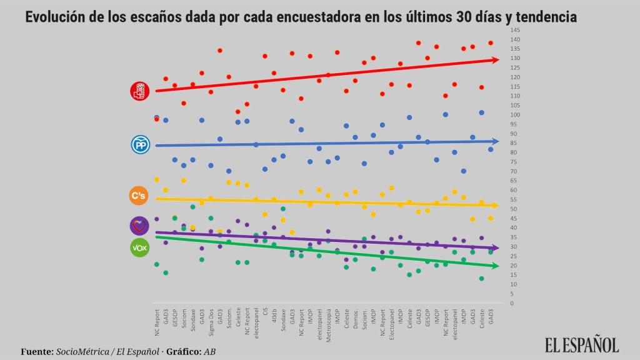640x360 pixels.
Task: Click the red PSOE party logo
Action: pyautogui.click(x=139, y=91)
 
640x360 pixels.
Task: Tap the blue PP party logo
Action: pyautogui.click(x=139, y=145)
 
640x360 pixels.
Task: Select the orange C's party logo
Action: pyautogui.click(x=139, y=196)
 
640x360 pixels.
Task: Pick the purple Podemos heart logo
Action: pyautogui.click(x=139, y=226)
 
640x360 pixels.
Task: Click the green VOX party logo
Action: pyautogui.click(x=139, y=247)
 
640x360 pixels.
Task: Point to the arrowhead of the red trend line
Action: pyautogui.click(x=496, y=60)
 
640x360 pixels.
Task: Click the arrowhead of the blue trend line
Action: pyautogui.click(x=496, y=141)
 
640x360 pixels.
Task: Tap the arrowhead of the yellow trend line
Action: pyautogui.click(x=496, y=205)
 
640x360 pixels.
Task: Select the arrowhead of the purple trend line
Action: pyautogui.click(x=496, y=248)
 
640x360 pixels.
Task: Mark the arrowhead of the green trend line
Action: pyautogui.click(x=496, y=266)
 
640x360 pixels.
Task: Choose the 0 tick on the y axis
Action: pyautogui.click(x=512, y=303)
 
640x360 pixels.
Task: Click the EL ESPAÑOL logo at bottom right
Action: pyautogui.click(x=582, y=344)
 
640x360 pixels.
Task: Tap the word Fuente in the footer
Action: pyautogui.click(x=36, y=352)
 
